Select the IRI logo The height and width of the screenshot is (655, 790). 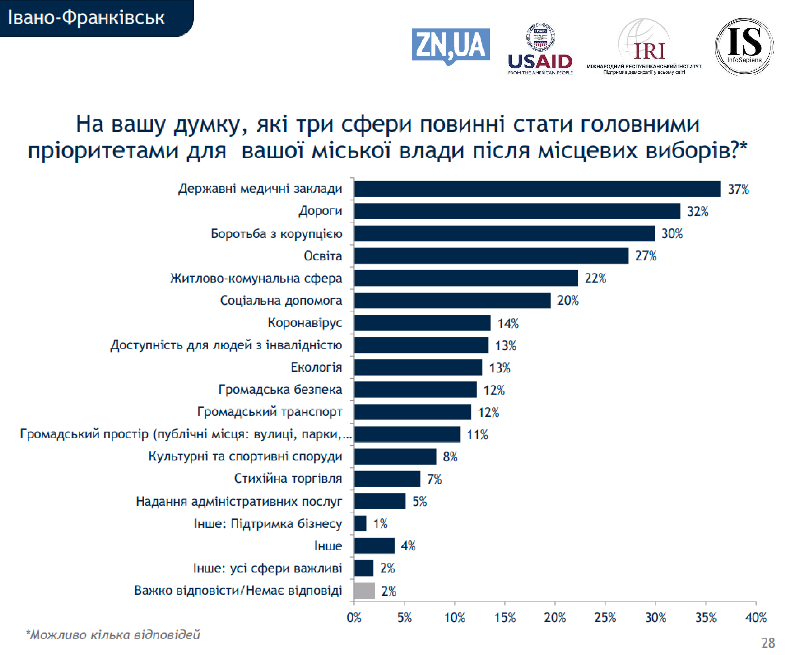coord(644,47)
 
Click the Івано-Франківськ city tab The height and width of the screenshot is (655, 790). coord(86,18)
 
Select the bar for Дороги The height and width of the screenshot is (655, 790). coord(517,211)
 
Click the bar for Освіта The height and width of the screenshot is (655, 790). coord(491,256)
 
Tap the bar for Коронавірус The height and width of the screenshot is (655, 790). coord(422,323)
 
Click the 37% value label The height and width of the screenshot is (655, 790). coord(738,189)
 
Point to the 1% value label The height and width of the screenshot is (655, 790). coord(380,524)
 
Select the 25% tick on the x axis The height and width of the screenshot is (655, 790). coord(605,617)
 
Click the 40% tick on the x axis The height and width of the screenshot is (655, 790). coord(756,617)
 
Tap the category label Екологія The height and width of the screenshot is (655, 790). coord(316,367)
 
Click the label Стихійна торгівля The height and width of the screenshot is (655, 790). coord(288,478)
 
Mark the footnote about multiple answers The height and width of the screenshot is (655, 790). coord(113,635)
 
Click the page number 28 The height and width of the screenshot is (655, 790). coord(767,643)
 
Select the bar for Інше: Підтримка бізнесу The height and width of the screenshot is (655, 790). coord(360,524)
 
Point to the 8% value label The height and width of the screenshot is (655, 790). coord(450,457)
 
